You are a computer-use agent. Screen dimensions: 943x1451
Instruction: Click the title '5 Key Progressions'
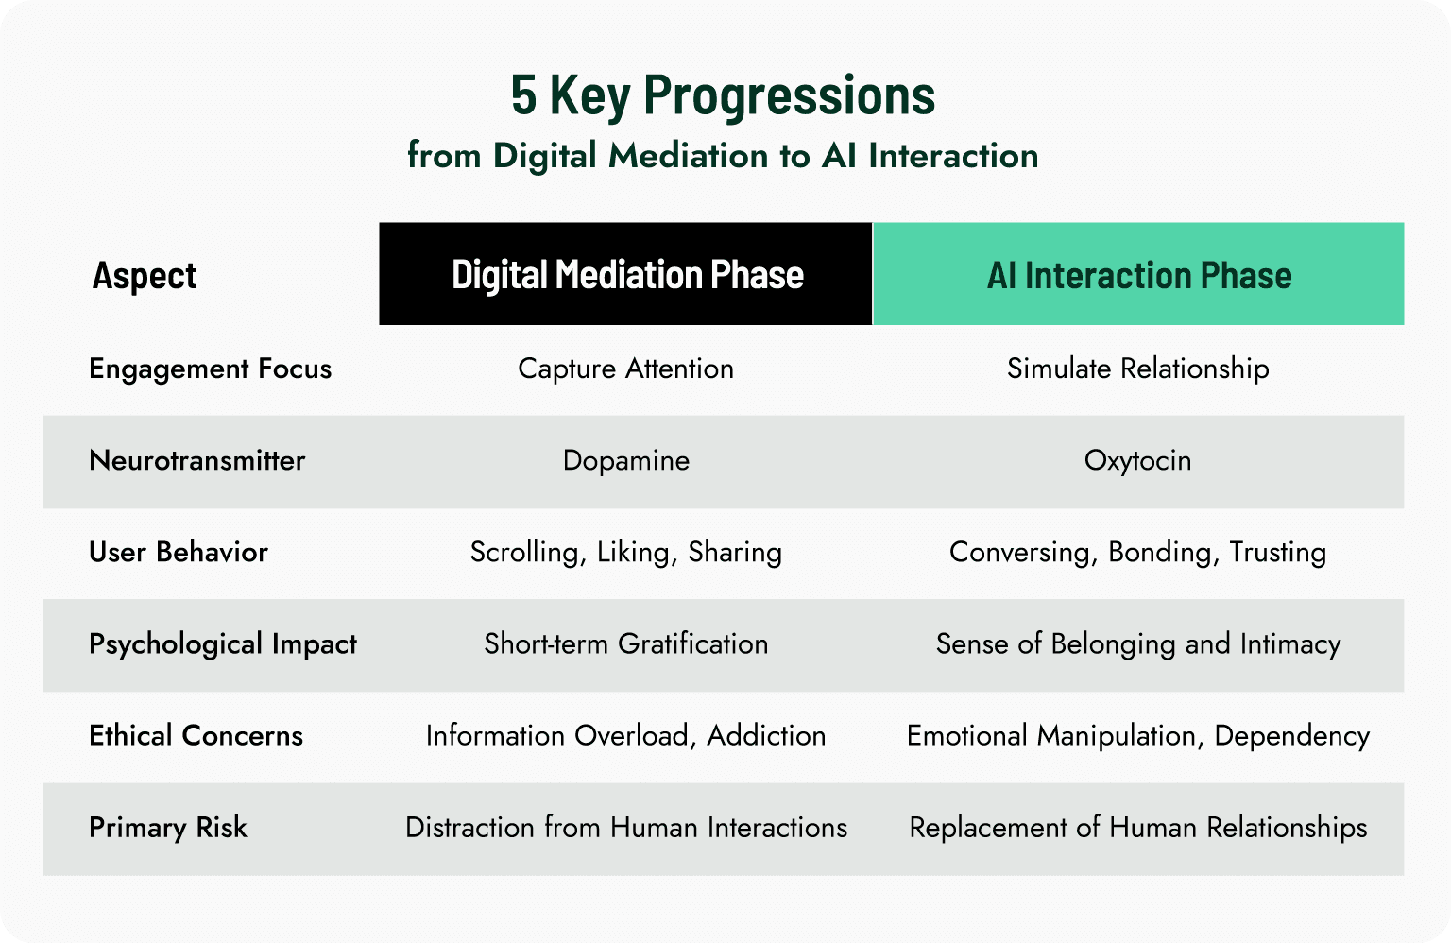tap(723, 95)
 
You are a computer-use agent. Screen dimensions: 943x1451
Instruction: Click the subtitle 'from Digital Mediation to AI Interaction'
tap(723, 156)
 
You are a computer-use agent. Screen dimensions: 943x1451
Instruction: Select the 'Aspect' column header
tap(145, 276)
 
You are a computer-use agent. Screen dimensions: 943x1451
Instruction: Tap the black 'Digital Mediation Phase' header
tap(626, 275)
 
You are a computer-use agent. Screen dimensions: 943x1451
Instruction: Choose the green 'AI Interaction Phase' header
tap(1138, 275)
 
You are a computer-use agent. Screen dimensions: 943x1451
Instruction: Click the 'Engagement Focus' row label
tap(210, 369)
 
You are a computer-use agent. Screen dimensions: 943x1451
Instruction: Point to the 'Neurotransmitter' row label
tap(196, 460)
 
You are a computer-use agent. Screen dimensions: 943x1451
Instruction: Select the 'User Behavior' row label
tap(179, 552)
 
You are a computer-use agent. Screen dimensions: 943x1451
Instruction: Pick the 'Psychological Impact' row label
tap(223, 644)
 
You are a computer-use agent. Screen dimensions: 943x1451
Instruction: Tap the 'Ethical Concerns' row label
tap(196, 735)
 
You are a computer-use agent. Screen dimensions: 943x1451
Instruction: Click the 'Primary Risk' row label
tap(167, 828)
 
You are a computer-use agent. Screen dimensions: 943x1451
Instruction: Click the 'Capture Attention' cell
tap(625, 369)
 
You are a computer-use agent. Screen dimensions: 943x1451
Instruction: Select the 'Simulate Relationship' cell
tap(1137, 369)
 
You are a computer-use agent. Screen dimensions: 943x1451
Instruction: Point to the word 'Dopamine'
tap(625, 460)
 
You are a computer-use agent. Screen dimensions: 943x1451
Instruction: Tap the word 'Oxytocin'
tap(1137, 460)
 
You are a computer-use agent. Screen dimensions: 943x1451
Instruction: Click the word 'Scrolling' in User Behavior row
tap(524, 553)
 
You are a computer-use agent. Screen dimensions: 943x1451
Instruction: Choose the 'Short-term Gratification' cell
tap(625, 644)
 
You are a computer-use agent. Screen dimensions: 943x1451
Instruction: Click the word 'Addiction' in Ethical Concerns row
tap(766, 735)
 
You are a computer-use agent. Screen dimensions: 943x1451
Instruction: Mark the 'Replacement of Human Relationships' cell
tap(1137, 828)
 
